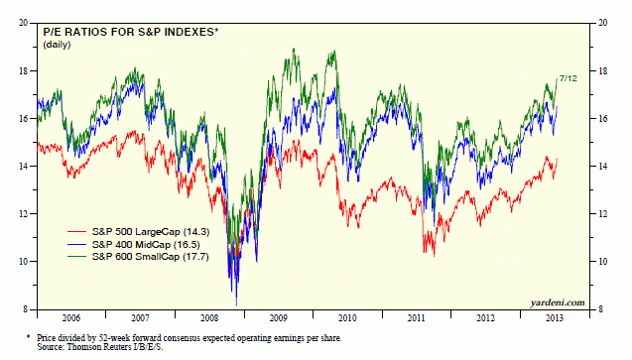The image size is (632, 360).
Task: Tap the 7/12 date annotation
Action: (569, 76)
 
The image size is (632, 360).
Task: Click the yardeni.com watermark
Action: (557, 301)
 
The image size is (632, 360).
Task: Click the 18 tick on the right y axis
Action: (601, 70)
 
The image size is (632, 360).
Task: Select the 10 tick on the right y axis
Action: (601, 262)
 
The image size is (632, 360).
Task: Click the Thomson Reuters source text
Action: (115, 348)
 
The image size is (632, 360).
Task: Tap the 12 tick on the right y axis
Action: (601, 214)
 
